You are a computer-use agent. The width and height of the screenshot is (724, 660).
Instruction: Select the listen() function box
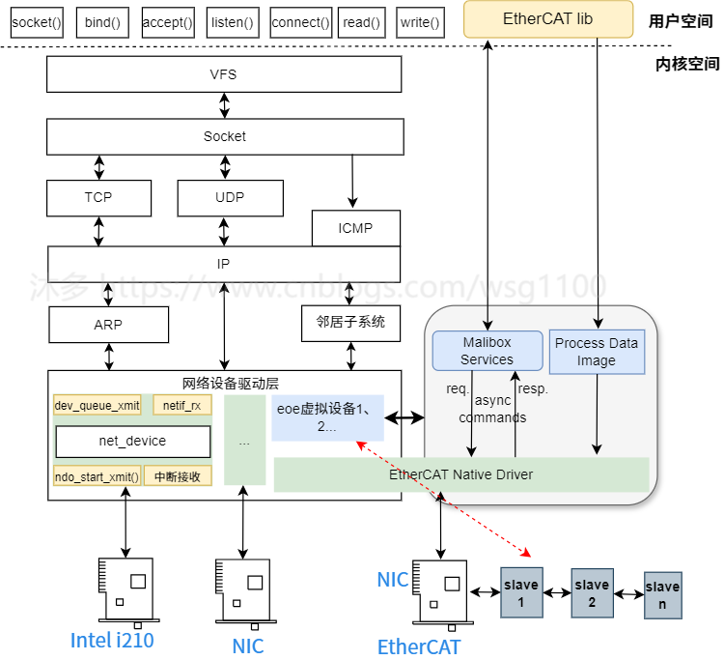tap(232, 22)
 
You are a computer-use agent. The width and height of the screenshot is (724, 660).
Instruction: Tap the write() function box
tap(420, 22)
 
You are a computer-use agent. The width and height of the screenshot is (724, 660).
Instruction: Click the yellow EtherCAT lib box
tap(547, 19)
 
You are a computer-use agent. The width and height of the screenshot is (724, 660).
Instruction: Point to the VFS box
tap(223, 74)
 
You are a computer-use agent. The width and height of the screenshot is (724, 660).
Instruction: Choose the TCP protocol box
tap(98, 197)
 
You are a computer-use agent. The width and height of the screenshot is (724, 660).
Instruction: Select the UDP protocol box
tap(230, 197)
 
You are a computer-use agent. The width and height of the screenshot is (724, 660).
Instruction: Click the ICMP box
tap(355, 228)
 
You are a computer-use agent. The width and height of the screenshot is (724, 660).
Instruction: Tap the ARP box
tap(108, 325)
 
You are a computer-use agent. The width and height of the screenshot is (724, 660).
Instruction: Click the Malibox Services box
tap(487, 351)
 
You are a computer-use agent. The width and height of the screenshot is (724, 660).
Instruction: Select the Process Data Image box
tap(597, 352)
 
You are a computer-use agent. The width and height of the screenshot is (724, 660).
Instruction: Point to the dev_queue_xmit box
tap(97, 406)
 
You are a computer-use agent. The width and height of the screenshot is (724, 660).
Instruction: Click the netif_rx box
tap(181, 406)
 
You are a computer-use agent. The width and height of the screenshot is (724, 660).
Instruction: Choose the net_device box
tap(132, 441)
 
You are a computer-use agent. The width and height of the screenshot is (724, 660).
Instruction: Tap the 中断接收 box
tap(178, 475)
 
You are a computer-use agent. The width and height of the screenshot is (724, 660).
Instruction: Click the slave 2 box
tap(592, 592)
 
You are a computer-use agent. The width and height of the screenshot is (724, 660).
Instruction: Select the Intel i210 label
tap(112, 640)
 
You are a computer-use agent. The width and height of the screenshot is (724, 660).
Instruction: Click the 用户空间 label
tap(681, 21)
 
